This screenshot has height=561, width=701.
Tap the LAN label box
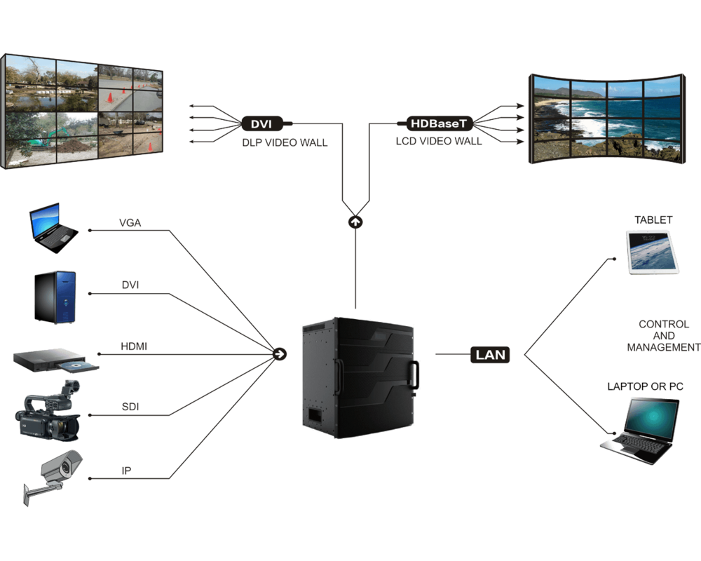pyautogui.click(x=490, y=354)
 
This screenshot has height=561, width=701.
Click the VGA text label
pyautogui.click(x=130, y=223)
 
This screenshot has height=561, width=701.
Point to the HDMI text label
pyautogui.click(x=133, y=346)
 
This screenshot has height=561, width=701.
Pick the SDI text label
pyautogui.click(x=129, y=407)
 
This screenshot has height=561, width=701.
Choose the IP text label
pyautogui.click(x=126, y=471)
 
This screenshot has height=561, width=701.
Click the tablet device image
pyautogui.click(x=653, y=252)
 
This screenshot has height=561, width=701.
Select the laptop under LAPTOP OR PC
pyautogui.click(x=641, y=429)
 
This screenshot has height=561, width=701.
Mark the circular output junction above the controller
pyautogui.click(x=356, y=222)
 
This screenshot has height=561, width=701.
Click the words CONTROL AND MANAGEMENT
pyautogui.click(x=662, y=336)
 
